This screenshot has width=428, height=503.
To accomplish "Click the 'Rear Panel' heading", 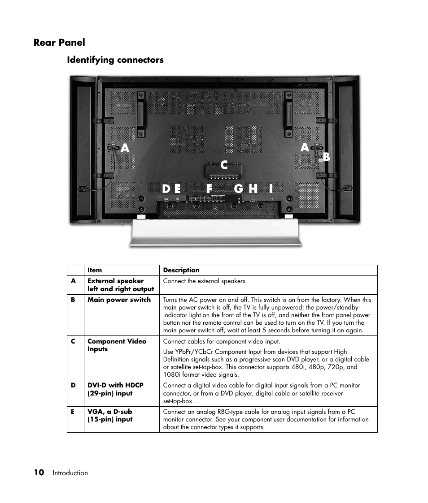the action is coord(59,43).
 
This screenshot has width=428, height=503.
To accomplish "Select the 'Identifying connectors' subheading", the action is coord(115,60).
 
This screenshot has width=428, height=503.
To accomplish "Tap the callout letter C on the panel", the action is coord(224,165).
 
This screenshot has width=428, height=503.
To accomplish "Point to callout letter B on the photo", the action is coord(327,157).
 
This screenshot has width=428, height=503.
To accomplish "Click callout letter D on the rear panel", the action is coord(166,189).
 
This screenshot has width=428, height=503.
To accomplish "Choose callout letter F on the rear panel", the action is coord(210,189).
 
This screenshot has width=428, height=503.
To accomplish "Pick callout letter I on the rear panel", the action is coord(271,189).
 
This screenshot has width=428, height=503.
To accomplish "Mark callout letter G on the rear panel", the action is coord(239,189).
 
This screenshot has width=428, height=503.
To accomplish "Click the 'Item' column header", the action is coord(95,270).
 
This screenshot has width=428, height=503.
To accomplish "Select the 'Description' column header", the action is coord(181,270).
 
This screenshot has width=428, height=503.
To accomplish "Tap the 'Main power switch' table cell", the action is coord(119,300).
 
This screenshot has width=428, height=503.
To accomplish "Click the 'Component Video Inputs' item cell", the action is coord(117,345).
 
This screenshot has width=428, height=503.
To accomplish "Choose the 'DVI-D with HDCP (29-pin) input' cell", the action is coord(115,389).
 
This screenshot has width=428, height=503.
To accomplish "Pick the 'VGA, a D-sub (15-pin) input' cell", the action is coord(110,415).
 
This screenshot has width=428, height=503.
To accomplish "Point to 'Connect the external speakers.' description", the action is coord(205,281).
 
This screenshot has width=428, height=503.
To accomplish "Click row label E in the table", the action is coord(73,412).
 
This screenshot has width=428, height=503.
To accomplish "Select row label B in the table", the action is coord(73,300).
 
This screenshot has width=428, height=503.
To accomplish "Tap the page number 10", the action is coord(39,473).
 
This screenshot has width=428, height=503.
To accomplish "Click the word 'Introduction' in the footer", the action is coord(70,473).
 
